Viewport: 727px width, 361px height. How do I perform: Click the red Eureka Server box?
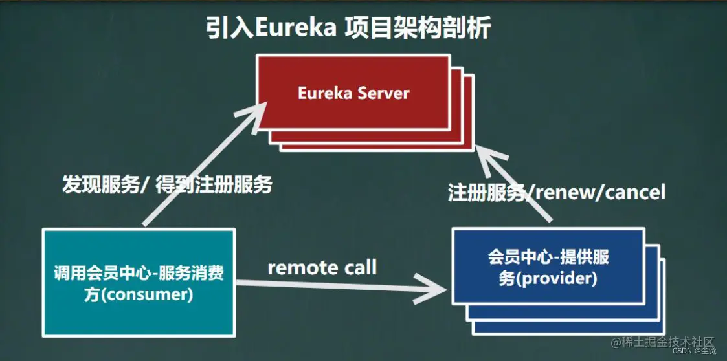pyautogui.click(x=353, y=93)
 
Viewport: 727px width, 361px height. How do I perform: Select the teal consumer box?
pyautogui.click(x=139, y=282)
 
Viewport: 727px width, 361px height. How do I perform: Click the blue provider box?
pyautogui.click(x=548, y=266)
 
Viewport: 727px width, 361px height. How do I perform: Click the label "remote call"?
pyautogui.click(x=322, y=267)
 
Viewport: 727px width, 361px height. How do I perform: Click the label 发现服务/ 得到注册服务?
pyautogui.click(x=167, y=185)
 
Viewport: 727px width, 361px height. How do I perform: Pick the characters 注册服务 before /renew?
pyautogui.click(x=486, y=192)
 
